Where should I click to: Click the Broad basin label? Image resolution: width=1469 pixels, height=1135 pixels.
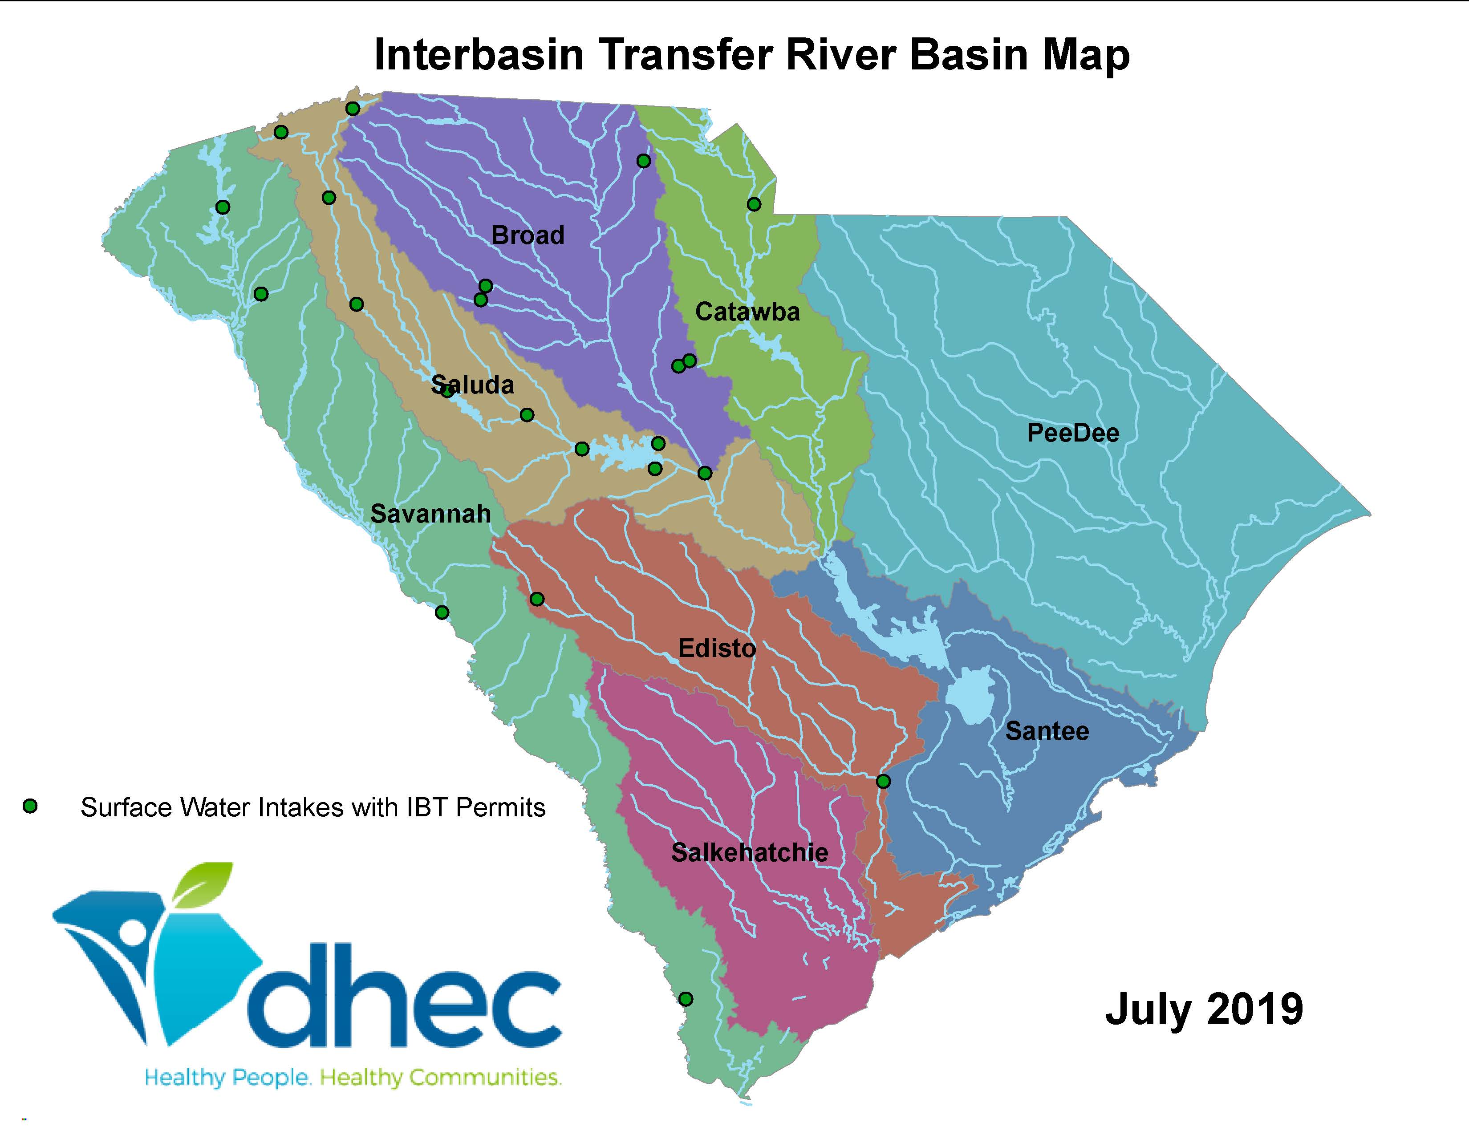(528, 235)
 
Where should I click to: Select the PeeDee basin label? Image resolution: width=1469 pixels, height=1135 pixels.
(1072, 433)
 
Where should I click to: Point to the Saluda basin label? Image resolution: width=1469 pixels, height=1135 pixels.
(473, 385)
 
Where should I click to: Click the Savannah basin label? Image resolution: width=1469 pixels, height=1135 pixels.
(430, 515)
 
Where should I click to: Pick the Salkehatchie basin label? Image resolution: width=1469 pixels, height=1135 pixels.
(749, 853)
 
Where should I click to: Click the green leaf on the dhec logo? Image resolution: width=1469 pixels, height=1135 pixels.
(205, 884)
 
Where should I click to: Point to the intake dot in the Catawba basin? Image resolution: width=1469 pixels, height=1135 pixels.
(754, 204)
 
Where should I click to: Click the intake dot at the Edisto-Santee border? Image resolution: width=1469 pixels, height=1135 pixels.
(883, 781)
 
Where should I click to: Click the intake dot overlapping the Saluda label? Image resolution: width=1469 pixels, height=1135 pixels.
(446, 391)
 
